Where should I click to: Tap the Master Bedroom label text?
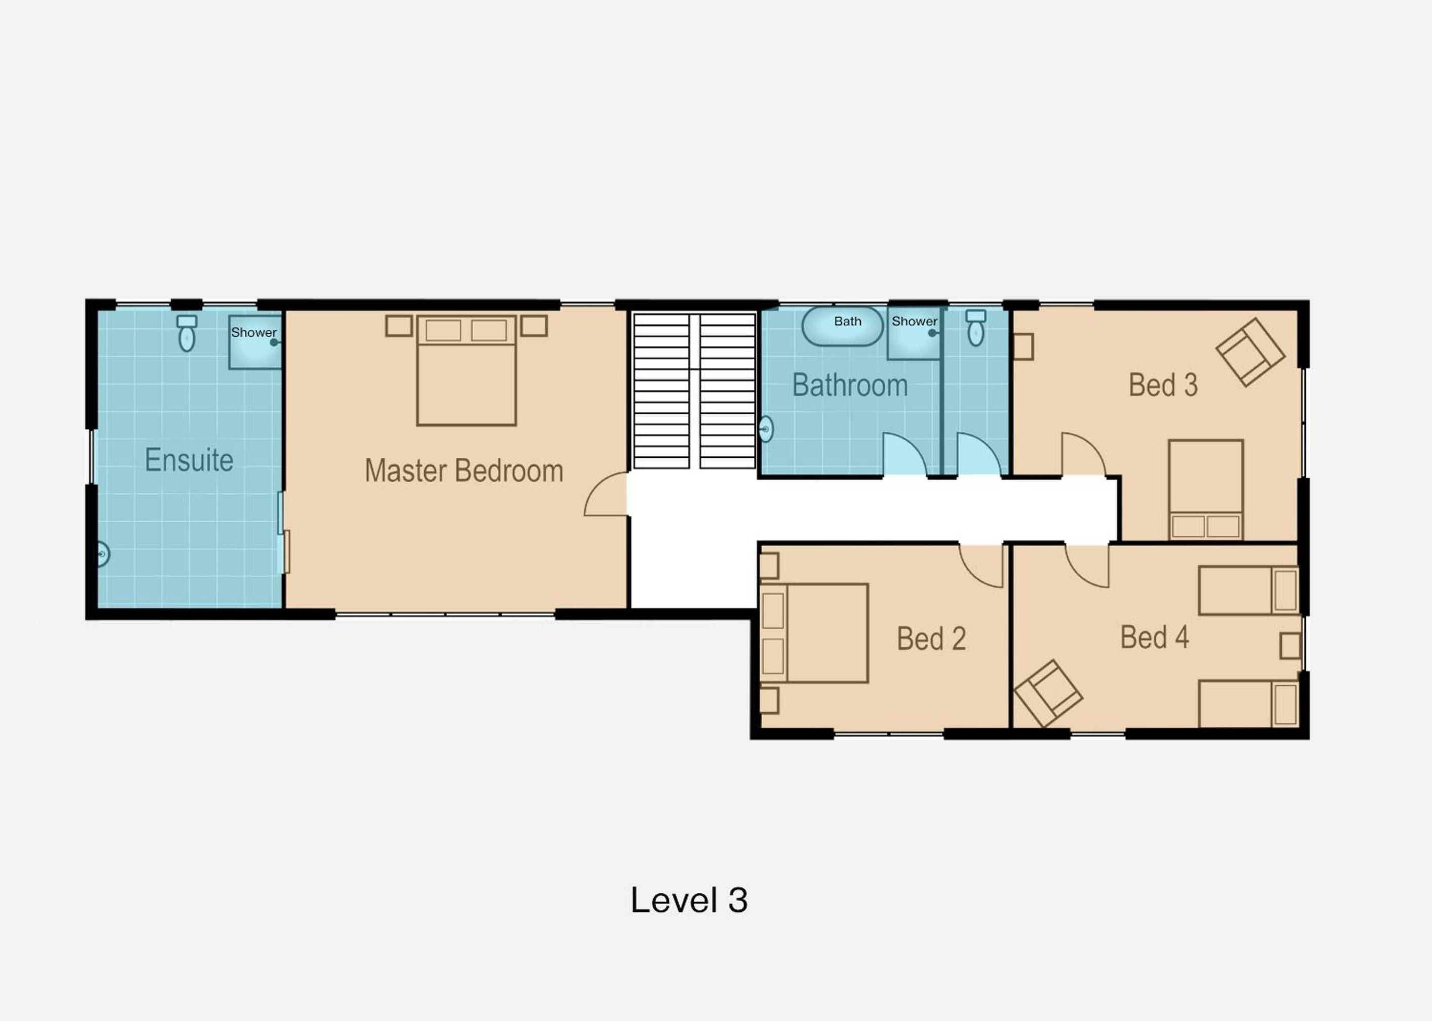coord(464,470)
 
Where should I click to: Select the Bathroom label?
coord(850,385)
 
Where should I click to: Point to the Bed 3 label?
coord(1163,385)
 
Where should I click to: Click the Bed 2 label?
coord(931,639)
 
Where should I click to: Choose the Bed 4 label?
coord(1155,637)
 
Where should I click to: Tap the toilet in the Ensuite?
coord(187,333)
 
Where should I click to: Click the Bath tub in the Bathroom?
coord(843,326)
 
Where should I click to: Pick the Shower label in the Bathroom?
coord(915,321)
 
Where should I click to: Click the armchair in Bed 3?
coord(1250,352)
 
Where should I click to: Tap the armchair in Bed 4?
coord(1048,693)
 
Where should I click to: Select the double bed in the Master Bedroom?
coord(467,370)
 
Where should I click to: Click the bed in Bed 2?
coord(814,633)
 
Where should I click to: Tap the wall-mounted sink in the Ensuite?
coord(102,555)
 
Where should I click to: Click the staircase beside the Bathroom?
coord(694,391)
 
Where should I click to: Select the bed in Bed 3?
coord(1205,490)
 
